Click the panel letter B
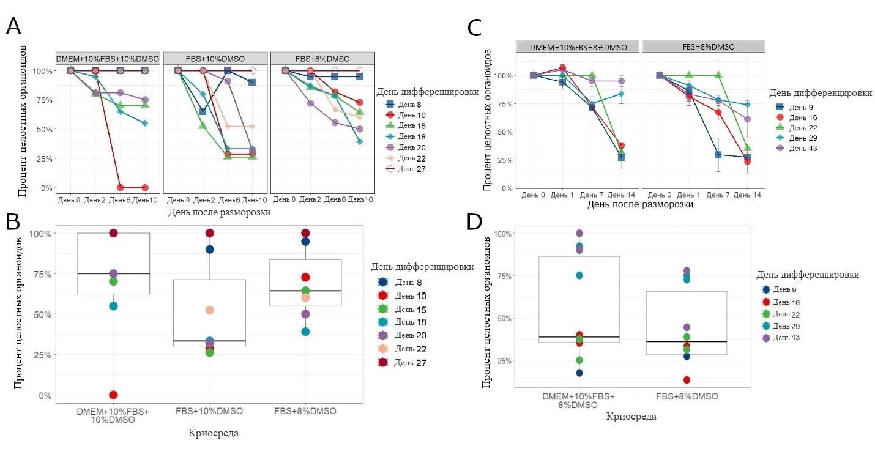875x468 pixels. [14, 221]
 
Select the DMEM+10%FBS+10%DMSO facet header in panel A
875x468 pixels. [108, 58]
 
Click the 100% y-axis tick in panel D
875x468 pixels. [504, 234]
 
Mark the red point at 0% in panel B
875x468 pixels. [113, 395]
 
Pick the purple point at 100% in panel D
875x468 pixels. [579, 233]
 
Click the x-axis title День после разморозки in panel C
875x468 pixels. [640, 205]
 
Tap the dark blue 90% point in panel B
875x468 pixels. [210, 249]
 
